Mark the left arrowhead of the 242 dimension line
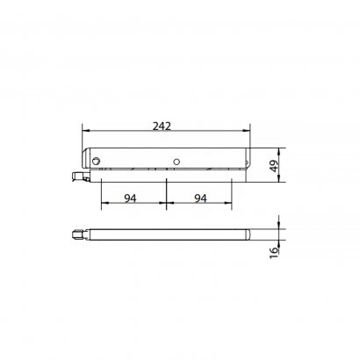coord(84,133)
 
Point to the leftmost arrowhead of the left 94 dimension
coord(103,206)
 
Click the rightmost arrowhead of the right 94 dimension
coord(230,206)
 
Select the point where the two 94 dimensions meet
coord(166,206)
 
